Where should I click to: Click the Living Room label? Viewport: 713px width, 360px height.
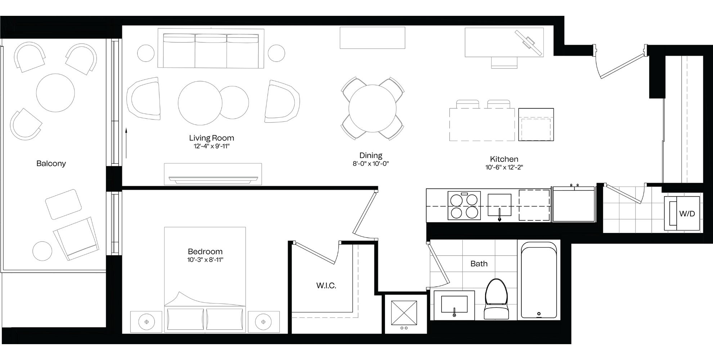211,138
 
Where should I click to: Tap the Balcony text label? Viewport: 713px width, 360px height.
51,163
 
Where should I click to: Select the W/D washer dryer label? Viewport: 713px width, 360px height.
687,214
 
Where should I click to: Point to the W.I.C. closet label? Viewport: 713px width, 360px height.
326,286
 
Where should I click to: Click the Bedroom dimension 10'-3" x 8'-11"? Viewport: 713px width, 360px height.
205,260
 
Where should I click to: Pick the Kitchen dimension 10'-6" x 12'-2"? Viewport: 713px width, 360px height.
504,167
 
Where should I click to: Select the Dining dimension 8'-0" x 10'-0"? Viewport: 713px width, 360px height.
371,164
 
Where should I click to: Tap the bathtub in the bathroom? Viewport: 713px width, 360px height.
539,280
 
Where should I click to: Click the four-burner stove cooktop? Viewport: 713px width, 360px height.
464,206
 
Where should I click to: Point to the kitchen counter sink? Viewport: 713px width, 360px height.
499,205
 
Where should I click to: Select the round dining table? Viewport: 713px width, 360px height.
372,108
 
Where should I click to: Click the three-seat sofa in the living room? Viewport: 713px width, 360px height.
211,49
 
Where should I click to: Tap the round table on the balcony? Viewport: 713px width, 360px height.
55,93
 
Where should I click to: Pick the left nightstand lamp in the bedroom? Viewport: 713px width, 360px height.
147,322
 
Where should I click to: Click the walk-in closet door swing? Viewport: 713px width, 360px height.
317,253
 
